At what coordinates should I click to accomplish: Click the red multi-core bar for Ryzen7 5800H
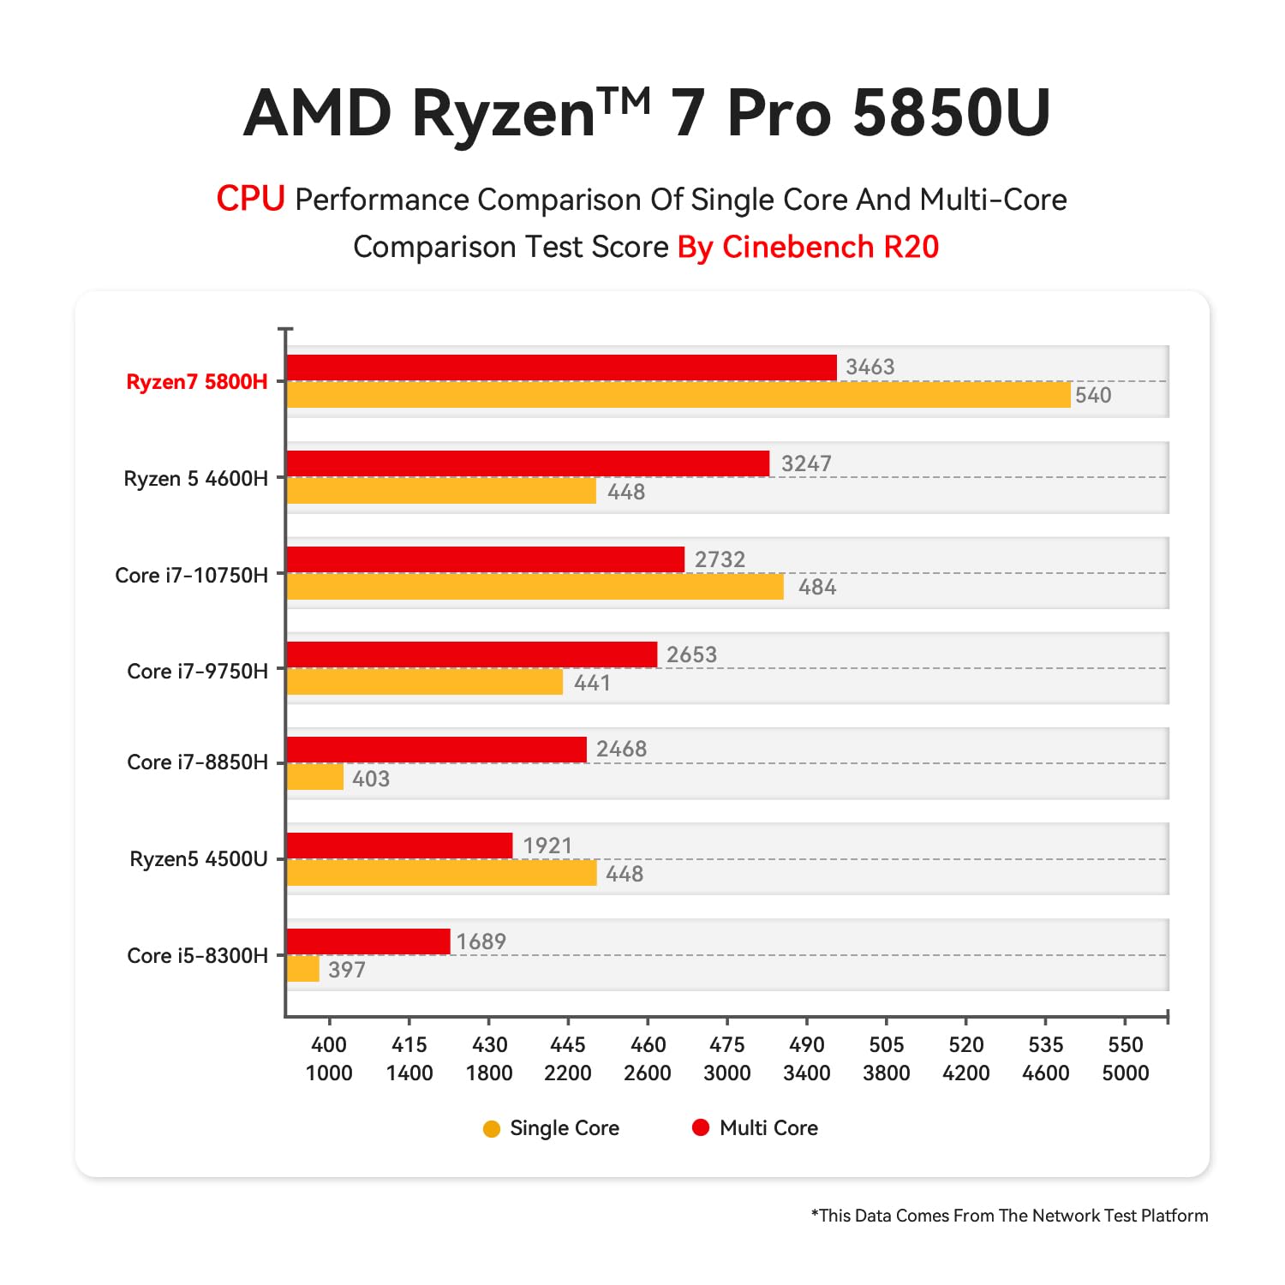point(561,368)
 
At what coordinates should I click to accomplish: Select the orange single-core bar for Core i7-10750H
point(535,587)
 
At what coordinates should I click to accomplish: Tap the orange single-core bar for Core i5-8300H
point(302,969)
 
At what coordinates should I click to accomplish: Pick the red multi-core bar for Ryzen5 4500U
point(399,846)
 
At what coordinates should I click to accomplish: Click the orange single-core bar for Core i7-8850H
point(314,777)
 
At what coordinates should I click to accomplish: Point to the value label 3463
point(870,368)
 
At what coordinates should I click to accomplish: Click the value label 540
point(1093,395)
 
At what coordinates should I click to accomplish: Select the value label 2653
point(691,654)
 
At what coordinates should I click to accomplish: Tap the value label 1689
point(481,941)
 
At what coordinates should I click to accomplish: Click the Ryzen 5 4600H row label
point(195,478)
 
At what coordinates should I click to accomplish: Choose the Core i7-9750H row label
point(197,671)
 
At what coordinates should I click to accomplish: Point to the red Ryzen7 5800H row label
point(196,382)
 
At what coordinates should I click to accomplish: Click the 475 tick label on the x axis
point(726,1044)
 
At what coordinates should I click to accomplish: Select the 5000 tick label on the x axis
point(1125,1073)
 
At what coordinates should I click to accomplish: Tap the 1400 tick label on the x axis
point(409,1073)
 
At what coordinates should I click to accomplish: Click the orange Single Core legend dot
point(492,1129)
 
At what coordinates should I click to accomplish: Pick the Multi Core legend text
point(768,1128)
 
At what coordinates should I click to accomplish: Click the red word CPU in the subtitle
point(250,199)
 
